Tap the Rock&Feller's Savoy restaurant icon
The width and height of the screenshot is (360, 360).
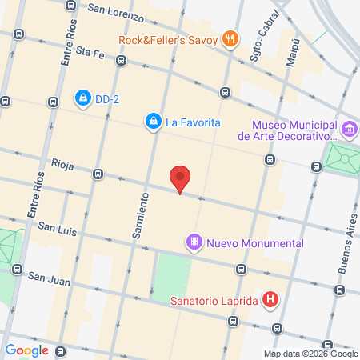231,38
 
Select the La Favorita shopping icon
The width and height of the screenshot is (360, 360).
152,122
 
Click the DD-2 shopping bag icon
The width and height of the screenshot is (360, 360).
82,98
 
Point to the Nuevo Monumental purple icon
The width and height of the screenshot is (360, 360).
194,242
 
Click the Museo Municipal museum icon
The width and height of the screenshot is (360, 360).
349,129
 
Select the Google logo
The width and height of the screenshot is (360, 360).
27,349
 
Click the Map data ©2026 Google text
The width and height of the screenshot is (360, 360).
311,354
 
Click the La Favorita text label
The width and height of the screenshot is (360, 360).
193,122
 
